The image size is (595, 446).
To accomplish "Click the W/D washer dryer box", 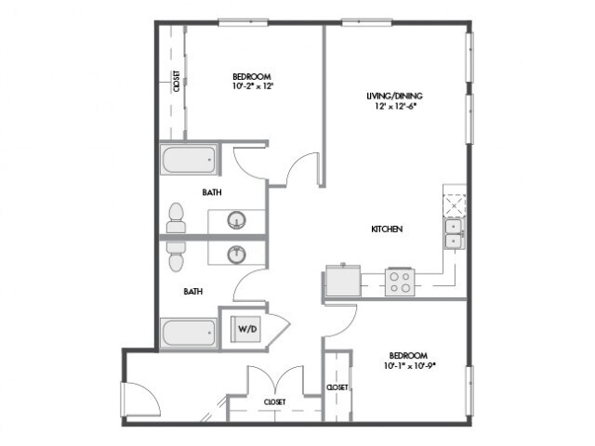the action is point(245,328).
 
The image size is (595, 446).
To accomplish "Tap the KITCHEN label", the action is point(387,230).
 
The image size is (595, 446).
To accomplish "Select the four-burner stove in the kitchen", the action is point(400,282).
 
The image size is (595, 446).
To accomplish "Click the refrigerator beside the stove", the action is point(343,280).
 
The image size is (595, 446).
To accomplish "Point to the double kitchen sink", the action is point(454,233).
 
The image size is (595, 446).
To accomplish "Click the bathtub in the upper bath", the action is point(189,159).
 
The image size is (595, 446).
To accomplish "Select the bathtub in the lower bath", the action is point(189,333).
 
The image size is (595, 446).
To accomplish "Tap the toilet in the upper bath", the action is point(176,217).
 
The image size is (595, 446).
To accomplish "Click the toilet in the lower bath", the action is point(176,256).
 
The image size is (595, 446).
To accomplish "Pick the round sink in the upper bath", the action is point(237,220).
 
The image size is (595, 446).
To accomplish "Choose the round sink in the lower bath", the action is point(237,254).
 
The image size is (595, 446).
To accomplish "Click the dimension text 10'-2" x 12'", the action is point(253,86).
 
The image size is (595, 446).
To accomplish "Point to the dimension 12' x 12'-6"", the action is point(395,106).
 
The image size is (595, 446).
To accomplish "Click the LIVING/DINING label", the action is point(394,96).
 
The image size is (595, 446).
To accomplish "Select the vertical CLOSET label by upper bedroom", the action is point(177,82).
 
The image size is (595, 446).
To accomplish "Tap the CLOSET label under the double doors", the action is point(275,402).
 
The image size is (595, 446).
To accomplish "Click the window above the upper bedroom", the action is point(244,22).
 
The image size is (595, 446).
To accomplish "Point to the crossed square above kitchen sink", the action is point(455,204).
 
